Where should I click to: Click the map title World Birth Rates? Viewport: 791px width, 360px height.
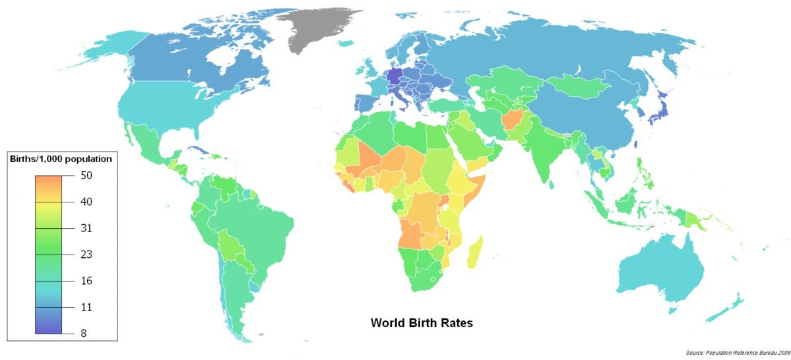pyautogui.click(x=421, y=323)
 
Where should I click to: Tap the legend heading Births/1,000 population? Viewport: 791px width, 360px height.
pyautogui.click(x=59, y=160)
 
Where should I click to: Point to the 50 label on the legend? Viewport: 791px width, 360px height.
pyautogui.click(x=86, y=175)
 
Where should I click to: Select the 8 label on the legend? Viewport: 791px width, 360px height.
pyautogui.click(x=83, y=334)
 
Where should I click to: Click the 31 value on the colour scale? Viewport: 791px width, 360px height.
pyautogui.click(x=86, y=228)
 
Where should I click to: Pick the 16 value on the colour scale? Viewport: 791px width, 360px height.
pyautogui.click(x=86, y=281)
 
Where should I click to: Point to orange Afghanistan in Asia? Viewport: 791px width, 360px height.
pyautogui.click(x=513, y=121)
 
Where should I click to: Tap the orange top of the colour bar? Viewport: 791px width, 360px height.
pyautogui.click(x=49, y=181)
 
